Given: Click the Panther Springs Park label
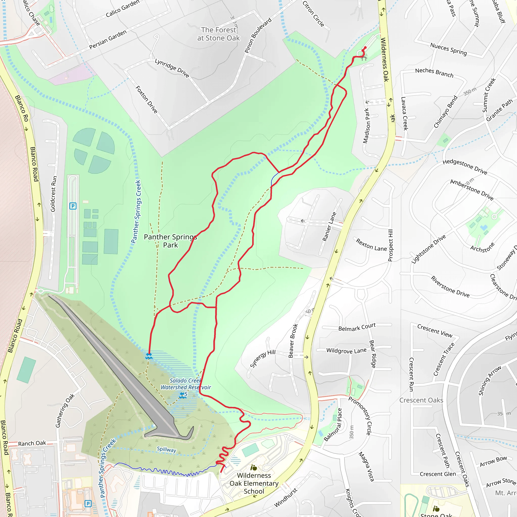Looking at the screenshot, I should click(170, 241).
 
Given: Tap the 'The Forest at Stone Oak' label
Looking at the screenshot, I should click(219, 34).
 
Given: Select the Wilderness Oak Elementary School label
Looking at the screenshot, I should click(254, 483).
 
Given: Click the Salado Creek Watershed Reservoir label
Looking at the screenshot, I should click(186, 384).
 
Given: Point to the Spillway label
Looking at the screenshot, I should click(166, 449).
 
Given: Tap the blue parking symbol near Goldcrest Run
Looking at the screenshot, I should click(73, 206).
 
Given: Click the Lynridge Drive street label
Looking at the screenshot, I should click(172, 68).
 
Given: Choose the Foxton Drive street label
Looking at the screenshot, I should click(146, 99).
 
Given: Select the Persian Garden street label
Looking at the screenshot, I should click(108, 40).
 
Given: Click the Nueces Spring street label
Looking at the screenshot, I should click(449, 49).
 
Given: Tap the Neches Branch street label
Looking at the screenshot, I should click(434, 72).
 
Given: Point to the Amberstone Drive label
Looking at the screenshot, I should click(472, 190).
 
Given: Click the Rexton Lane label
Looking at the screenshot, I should click(371, 245).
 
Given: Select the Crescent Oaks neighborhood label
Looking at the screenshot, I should click(421, 400).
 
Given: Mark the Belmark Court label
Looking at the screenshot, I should click(357, 327).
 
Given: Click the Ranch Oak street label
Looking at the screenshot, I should click(32, 443).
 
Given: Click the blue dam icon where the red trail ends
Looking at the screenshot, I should click(149, 356).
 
